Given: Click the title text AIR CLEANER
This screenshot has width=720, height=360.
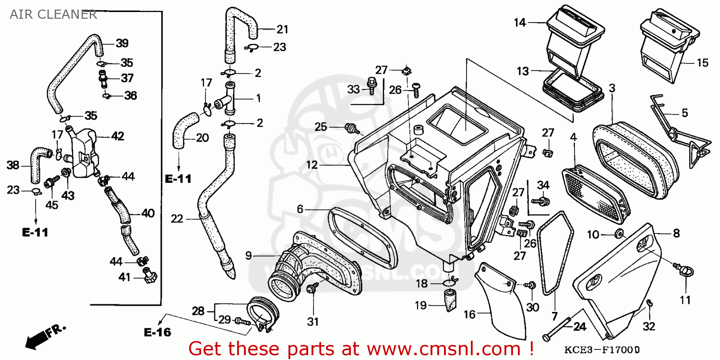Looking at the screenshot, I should pyautogui.click(x=53, y=14).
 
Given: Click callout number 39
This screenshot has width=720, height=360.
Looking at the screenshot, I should pyautogui.click(x=122, y=43).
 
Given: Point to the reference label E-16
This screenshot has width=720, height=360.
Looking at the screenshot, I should pyautogui.click(x=157, y=332).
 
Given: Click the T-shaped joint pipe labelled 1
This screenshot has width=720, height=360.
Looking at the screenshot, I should pyautogui.click(x=229, y=99).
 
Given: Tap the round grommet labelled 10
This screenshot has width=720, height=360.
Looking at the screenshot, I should pyautogui.click(x=619, y=234).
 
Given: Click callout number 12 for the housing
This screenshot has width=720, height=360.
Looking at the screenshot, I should pyautogui.click(x=312, y=165).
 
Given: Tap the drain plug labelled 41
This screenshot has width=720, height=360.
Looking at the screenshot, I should pyautogui.click(x=149, y=277).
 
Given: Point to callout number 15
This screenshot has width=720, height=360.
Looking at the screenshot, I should pyautogui.click(x=702, y=63).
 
